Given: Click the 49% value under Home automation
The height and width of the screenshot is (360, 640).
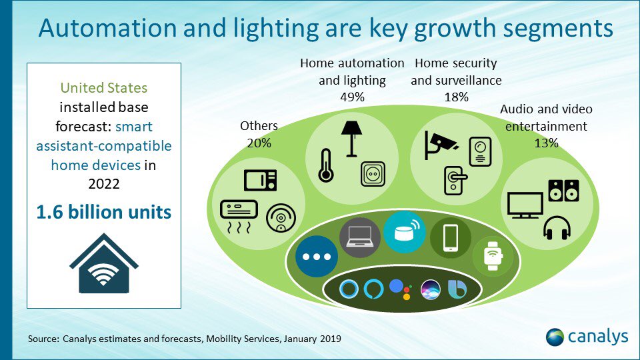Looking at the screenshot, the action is pos(352,97).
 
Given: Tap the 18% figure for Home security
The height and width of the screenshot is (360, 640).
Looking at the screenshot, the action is pos(456,97).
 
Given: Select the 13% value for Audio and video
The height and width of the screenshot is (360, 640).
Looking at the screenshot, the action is pos(546,143).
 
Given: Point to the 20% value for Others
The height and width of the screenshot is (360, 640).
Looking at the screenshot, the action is pos(259,143).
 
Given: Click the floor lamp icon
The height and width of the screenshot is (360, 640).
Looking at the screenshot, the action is pos(351,139).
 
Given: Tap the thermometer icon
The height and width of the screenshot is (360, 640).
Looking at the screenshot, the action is pos(326,165).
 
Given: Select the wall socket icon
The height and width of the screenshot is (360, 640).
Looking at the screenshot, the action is pos(373,174).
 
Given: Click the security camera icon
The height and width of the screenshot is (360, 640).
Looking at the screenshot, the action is pos(441,145).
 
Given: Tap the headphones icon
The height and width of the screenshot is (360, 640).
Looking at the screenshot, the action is pos(557,228).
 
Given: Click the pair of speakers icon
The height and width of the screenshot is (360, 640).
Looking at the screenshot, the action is pos(564,191).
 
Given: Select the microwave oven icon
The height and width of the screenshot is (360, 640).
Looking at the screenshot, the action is pos(261,181).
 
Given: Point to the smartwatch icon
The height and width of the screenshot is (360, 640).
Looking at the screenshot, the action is pos(493,256).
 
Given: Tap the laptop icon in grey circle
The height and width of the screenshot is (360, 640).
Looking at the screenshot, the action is pos(359,237).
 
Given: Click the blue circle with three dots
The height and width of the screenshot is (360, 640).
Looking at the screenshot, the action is pos(316,257).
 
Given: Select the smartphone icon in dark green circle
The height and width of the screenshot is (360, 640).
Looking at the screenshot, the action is pos(450,238).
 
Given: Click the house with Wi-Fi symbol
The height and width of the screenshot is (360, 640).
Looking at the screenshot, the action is pos(104,263).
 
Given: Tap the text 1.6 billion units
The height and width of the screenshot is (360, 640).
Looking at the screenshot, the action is pos(104,212).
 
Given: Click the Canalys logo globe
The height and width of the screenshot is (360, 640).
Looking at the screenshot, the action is pos(555,337).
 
